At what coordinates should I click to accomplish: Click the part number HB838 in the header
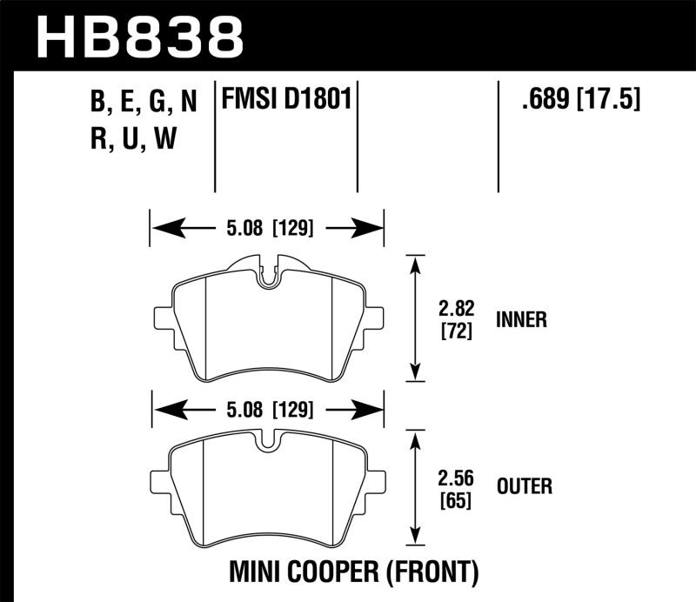click(x=139, y=37)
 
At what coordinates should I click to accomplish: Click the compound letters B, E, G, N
click(x=143, y=103)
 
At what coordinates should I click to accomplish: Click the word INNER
click(x=519, y=319)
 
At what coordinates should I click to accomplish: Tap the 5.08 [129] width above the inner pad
click(x=268, y=230)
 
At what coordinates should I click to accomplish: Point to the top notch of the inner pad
click(x=269, y=272)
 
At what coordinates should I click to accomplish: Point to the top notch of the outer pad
click(x=269, y=442)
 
